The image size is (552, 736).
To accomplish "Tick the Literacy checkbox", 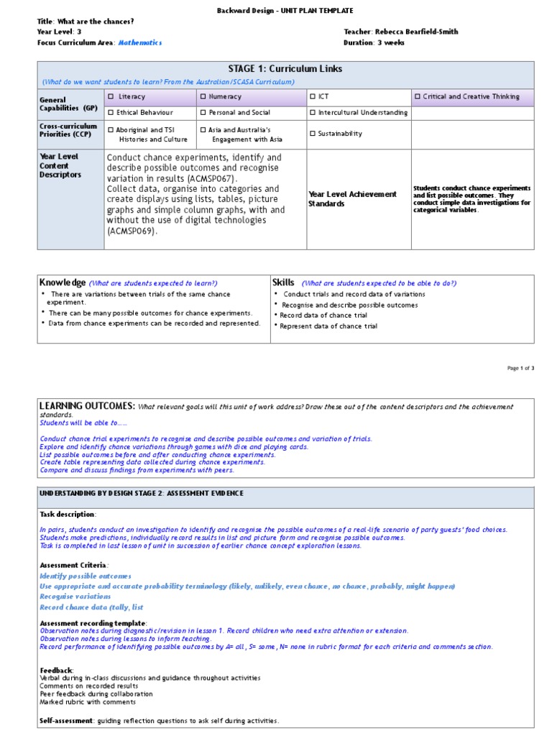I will pos(111,96).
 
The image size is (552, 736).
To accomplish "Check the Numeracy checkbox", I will pos(203,96).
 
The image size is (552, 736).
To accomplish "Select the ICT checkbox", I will pos(313,96).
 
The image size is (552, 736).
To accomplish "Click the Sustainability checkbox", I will pos(313,134).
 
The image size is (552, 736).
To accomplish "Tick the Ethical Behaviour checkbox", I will pos(111,112).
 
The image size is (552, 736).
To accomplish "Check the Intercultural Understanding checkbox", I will pos(313,112).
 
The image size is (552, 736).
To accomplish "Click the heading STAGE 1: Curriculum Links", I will pos(285,69).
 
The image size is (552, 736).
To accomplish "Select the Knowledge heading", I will pos(63,282).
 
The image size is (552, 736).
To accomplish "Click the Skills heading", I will pos(284,282).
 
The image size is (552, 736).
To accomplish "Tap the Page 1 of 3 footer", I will pos(520,368).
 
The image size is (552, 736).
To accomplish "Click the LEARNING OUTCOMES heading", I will pos(87,406).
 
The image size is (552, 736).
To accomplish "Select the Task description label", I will pos(67,515).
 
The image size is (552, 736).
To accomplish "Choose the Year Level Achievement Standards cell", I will pos(352,198).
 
